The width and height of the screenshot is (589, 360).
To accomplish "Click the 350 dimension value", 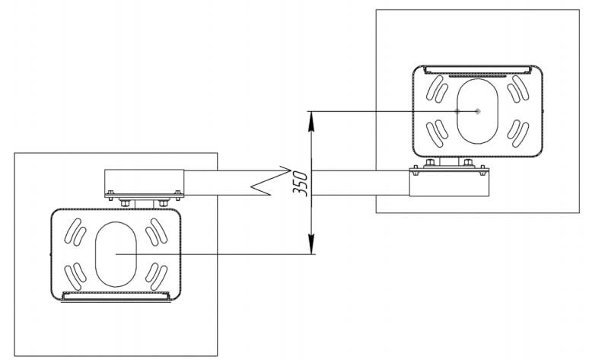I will click(300, 183).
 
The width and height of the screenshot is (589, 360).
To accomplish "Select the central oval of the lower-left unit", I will click(116, 253).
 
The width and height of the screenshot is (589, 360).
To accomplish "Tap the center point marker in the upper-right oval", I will click(477, 111).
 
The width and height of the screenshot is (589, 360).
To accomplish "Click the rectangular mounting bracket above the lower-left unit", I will click(144, 183).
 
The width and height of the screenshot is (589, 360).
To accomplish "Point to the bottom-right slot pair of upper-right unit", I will click(517, 134).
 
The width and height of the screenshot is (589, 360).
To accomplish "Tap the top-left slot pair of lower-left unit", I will click(75, 231).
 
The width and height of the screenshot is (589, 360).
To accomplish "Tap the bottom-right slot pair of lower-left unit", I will click(157, 275).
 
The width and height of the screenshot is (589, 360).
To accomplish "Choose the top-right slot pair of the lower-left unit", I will click(157, 231).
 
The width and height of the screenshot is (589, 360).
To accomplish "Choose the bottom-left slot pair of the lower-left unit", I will click(75, 275).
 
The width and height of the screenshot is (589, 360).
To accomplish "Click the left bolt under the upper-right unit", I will click(431, 162).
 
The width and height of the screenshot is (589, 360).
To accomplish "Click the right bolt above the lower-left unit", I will click(162, 202).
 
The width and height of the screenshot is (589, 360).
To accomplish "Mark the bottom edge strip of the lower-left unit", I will click(116, 295).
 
